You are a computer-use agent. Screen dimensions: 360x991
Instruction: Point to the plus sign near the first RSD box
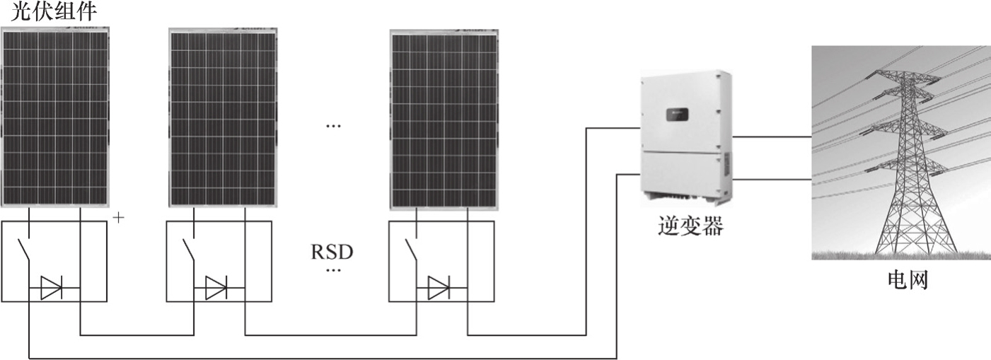[118, 218]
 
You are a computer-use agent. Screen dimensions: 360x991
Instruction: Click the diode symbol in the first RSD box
[52, 288]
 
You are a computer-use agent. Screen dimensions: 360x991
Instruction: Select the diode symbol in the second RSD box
[216, 288]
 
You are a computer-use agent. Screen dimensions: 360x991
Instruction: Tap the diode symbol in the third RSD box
[439, 288]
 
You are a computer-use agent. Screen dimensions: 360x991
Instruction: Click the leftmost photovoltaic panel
[55, 117]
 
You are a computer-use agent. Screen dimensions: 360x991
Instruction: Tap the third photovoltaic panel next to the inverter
[445, 120]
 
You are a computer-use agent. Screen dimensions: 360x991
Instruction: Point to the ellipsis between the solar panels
[332, 126]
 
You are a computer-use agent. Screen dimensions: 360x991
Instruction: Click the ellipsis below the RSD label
[332, 270]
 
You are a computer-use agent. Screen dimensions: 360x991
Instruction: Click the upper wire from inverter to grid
[771, 136]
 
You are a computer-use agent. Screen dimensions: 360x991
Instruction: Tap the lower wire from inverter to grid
[771, 180]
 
